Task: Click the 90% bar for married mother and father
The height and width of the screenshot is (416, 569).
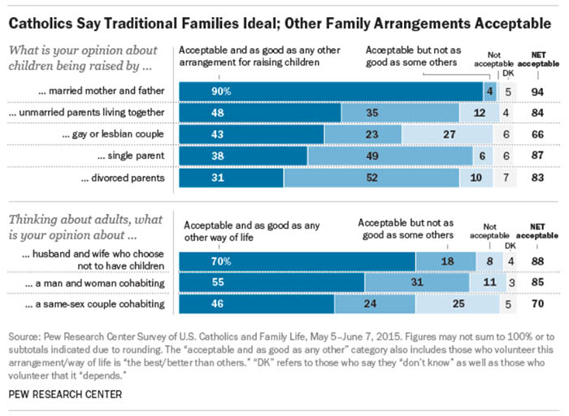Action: point(330,90)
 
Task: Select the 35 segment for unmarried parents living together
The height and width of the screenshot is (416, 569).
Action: point(393,112)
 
